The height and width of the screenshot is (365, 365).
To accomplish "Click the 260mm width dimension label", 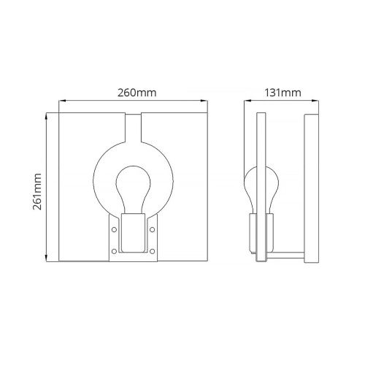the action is (x=137, y=93).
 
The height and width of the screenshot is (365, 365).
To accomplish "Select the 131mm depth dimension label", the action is (x=283, y=93).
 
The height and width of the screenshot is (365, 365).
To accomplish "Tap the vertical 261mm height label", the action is (x=37, y=191).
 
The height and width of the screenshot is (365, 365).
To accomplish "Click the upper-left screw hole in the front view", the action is (x=114, y=229).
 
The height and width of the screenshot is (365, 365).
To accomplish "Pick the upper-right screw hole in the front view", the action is (x=152, y=229).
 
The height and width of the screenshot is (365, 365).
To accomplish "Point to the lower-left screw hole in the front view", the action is (x=114, y=251).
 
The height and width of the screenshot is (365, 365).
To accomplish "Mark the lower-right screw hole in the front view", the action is (x=152, y=251).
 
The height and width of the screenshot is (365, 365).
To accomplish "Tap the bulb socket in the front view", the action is (x=133, y=233).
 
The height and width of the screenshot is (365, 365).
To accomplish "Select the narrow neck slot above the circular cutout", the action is (x=133, y=128).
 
